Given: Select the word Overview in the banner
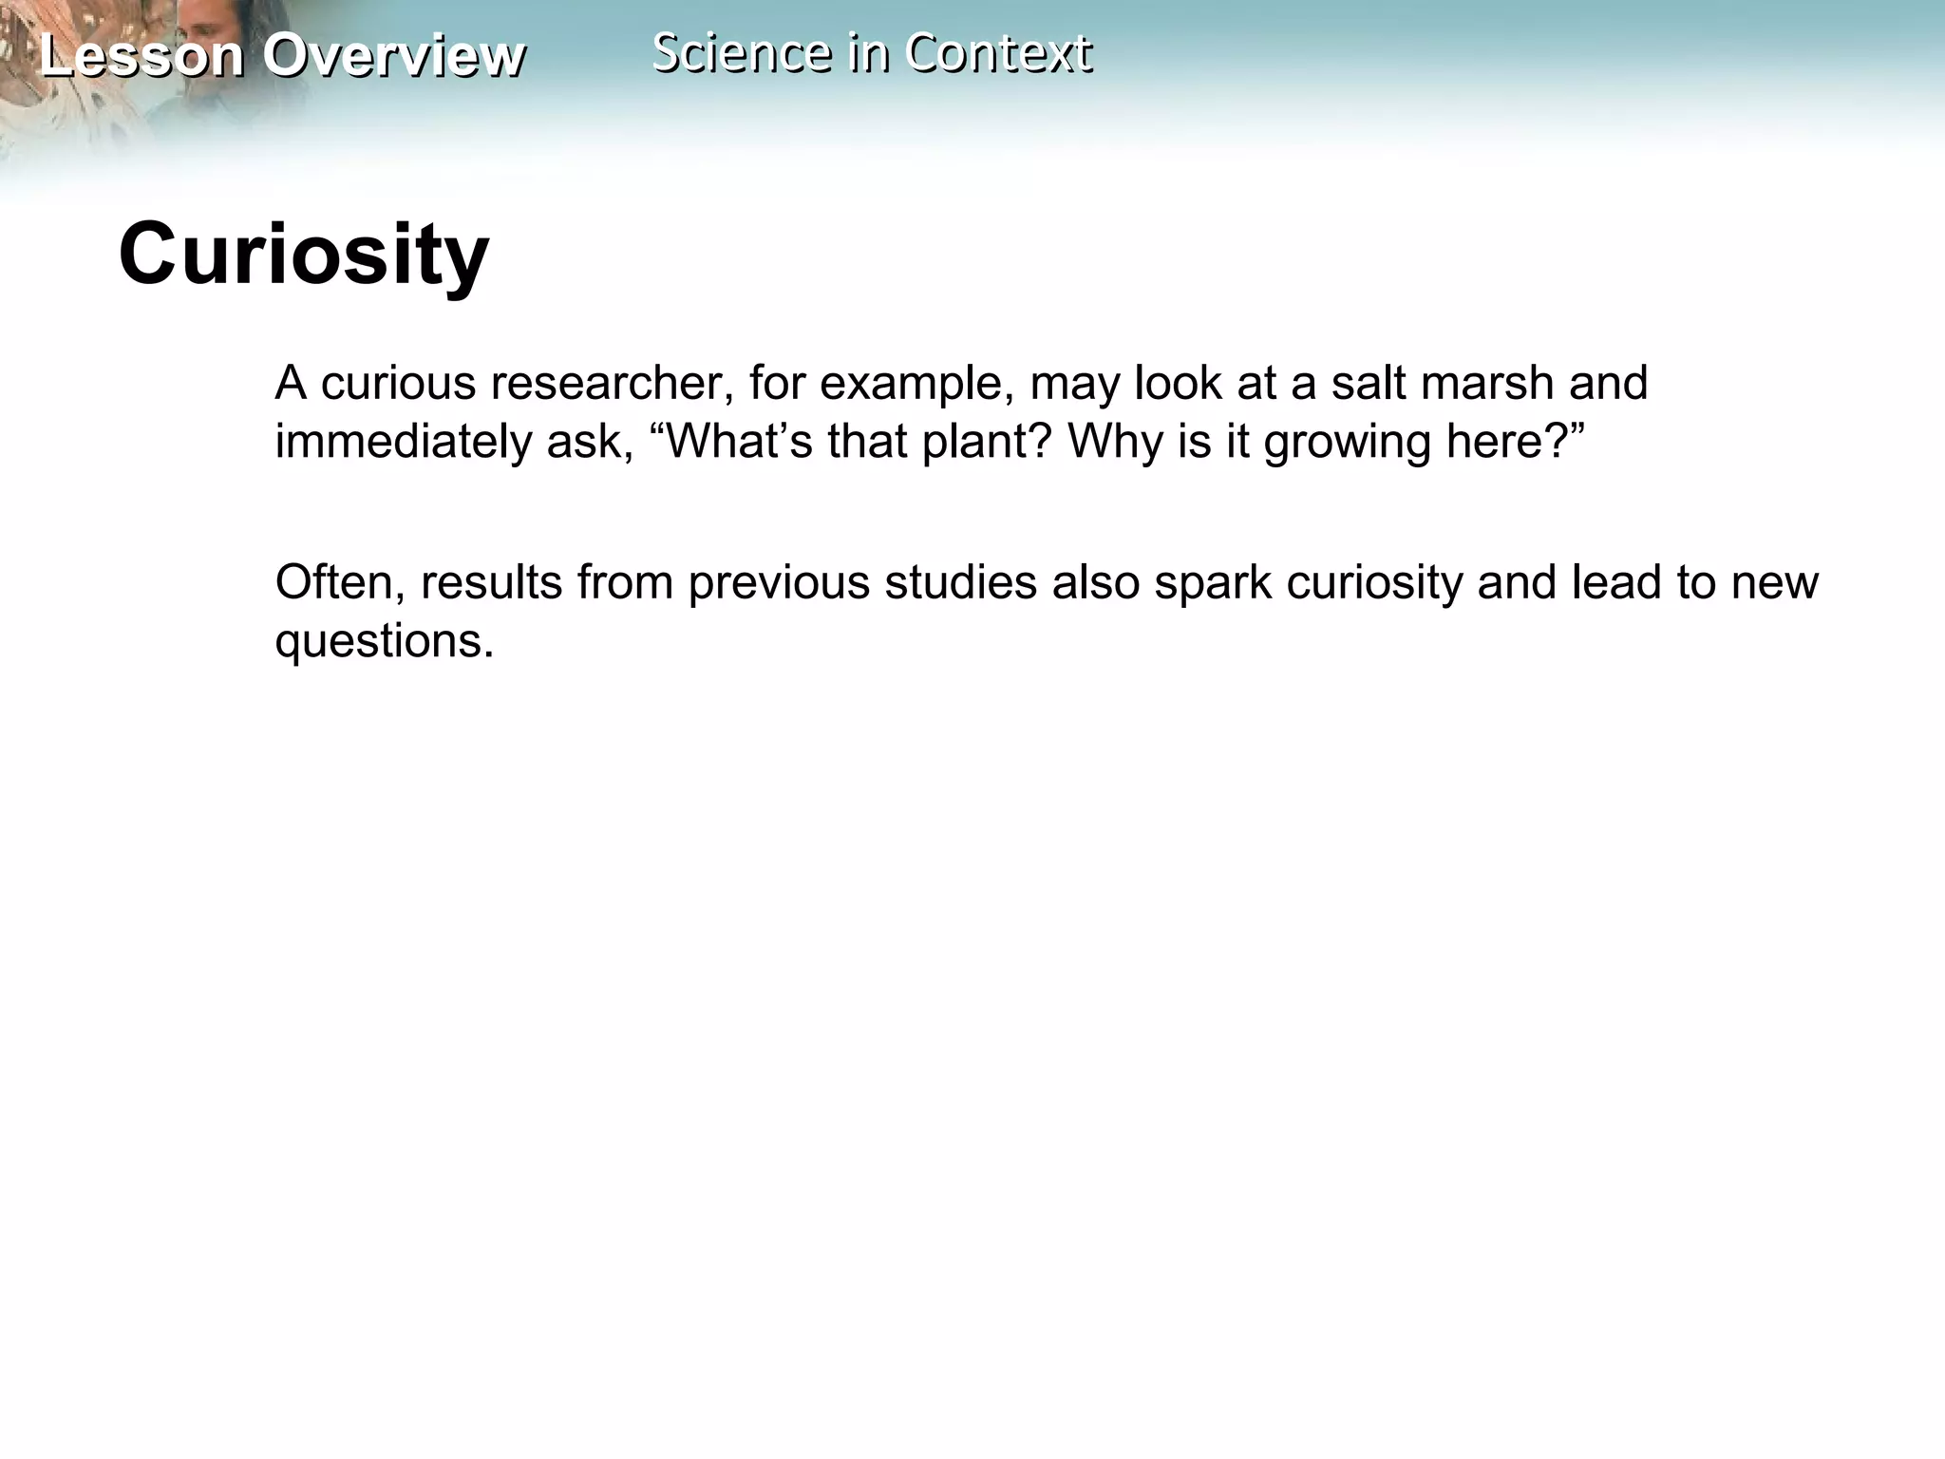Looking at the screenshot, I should coord(394,55).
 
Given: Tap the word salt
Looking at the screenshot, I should coord(1369,383).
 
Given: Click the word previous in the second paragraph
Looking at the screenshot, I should coord(779,582).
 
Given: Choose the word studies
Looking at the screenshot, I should coord(961,582).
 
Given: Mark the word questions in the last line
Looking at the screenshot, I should coord(385,641).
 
